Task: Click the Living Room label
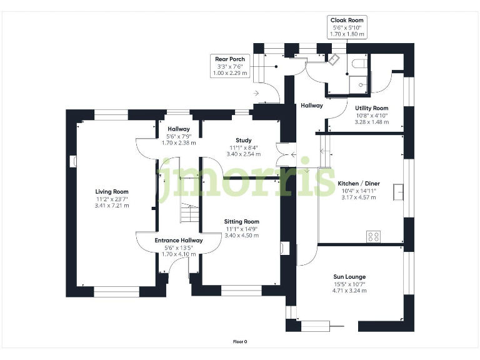tap(112, 192)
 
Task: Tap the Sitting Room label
tap(241, 222)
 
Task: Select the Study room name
tap(243, 140)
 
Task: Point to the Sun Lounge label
tap(349, 277)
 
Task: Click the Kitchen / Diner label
tap(359, 184)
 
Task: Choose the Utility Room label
tap(371, 108)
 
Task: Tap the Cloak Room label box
tap(347, 27)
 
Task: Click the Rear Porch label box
tap(231, 66)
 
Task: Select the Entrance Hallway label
tap(179, 240)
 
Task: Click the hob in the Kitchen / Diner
tap(373, 236)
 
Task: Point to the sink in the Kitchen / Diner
tap(398, 192)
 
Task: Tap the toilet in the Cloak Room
tap(359, 63)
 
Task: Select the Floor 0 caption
tap(240, 342)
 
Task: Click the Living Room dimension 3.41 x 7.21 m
tap(112, 206)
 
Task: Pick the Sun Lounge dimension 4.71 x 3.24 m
tap(349, 291)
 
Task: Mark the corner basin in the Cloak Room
tap(335, 59)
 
